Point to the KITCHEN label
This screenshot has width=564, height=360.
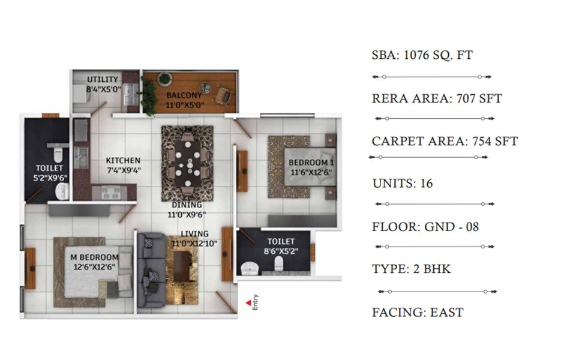(123, 160)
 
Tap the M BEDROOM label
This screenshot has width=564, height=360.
(94, 258)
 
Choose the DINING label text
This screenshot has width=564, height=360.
(186, 205)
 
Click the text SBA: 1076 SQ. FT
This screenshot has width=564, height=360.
(422, 55)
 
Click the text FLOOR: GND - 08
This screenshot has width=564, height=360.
(425, 226)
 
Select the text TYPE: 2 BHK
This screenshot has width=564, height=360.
(412, 269)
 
